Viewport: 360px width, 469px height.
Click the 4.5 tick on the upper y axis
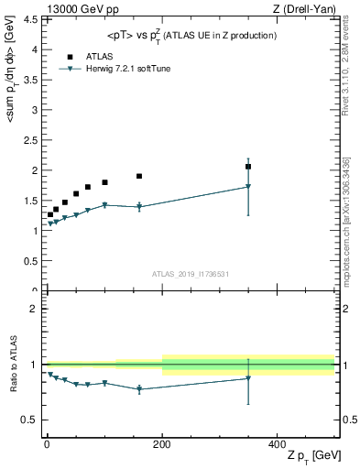click(32, 19)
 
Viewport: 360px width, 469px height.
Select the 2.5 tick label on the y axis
click(32, 140)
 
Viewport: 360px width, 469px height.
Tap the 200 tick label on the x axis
click(162, 442)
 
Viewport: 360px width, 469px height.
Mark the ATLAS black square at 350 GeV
click(248, 167)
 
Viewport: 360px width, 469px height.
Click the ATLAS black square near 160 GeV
click(139, 176)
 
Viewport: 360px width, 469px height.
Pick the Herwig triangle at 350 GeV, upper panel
click(248, 187)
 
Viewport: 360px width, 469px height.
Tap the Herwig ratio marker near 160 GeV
click(139, 389)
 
